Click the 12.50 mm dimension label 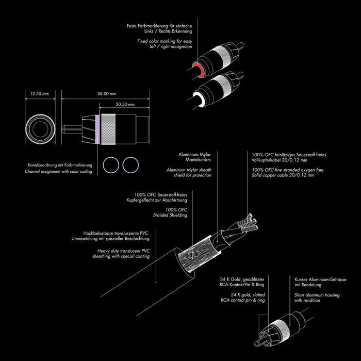(39, 94)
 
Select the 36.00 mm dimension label (107, 94)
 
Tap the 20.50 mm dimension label (125, 104)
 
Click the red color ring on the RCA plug (199, 69)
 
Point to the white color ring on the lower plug (199, 99)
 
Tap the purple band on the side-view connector (97, 129)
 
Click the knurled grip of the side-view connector (108, 129)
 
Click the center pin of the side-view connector (72, 129)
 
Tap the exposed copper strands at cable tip (248, 223)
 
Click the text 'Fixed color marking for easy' (165, 41)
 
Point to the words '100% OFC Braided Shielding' (170, 212)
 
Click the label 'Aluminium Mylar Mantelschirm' (194, 157)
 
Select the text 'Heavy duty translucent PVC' (123, 251)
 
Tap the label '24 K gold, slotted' (248, 294)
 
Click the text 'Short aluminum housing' (317, 295)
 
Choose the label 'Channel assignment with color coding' (58, 172)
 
